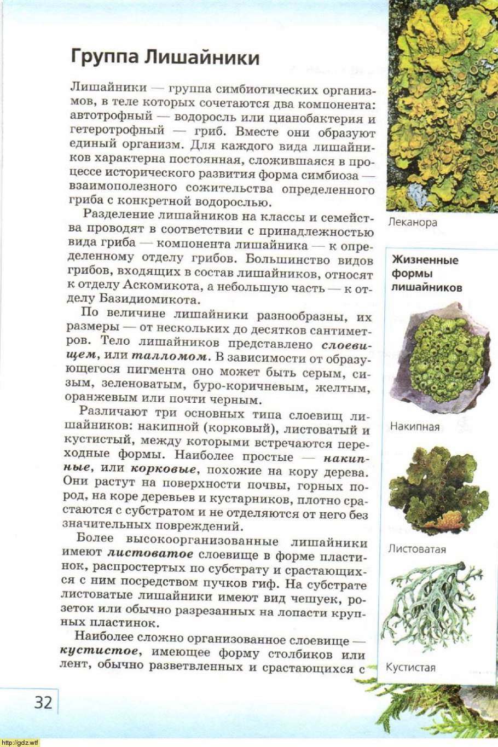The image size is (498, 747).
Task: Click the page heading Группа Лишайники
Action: coord(165,57)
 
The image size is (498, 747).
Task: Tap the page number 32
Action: coord(43,702)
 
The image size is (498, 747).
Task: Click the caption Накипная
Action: coord(414,426)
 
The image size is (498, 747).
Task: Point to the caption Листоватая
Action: coord(417,549)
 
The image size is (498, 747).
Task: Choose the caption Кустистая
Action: coord(410,667)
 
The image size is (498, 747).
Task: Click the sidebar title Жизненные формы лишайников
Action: coord(425,274)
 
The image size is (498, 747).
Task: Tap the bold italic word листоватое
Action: coord(150,555)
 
